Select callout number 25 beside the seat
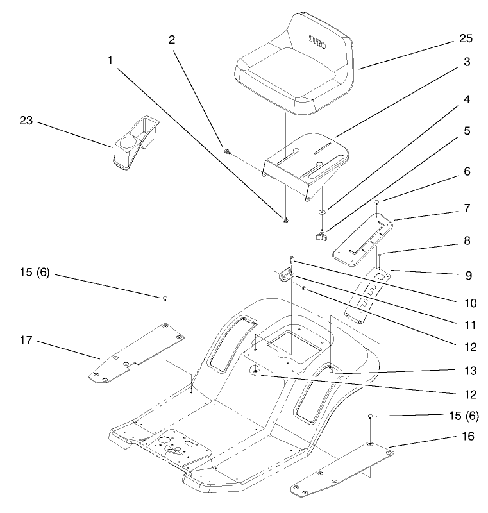click(x=466, y=38)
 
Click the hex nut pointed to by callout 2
click(x=227, y=152)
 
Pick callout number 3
click(x=467, y=62)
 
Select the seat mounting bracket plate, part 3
click(x=308, y=160)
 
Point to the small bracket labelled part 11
click(x=285, y=276)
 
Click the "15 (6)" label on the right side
click(x=461, y=415)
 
